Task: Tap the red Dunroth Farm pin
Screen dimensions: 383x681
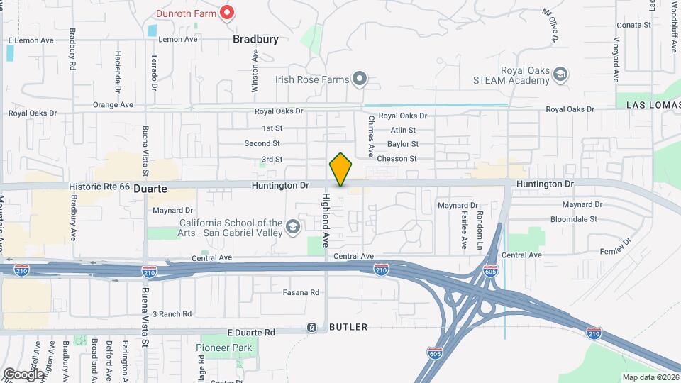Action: point(227,12)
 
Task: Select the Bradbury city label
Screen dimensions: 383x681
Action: point(255,40)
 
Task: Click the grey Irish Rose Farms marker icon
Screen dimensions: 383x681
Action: point(360,79)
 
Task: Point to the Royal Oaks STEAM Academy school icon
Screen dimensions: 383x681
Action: point(560,74)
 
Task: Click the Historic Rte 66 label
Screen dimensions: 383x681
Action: point(99,186)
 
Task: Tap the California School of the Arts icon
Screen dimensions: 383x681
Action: point(292,228)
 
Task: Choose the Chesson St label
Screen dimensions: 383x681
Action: point(397,159)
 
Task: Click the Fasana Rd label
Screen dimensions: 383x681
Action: point(301,292)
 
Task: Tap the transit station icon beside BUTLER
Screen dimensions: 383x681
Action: point(311,327)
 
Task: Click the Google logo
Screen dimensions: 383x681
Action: point(23,374)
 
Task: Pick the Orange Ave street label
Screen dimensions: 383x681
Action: point(113,105)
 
